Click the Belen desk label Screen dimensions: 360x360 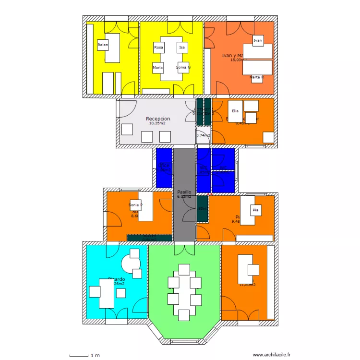103,45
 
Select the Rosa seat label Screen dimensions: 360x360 159,48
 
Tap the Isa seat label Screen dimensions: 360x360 182,48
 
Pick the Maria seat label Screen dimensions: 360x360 158,68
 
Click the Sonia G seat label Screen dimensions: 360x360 183,67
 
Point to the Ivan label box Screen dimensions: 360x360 258,41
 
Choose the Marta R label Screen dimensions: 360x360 257,77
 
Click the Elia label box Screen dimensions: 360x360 235,111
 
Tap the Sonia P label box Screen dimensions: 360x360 135,205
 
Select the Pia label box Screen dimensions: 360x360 255,210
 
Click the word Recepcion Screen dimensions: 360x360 158,119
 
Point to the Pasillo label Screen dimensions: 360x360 184,192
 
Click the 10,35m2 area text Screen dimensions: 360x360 157,123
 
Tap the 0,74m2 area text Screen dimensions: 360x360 203,135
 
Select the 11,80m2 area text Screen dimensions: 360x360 248,285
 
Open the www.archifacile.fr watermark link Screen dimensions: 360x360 270,355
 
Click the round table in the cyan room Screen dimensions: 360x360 131,263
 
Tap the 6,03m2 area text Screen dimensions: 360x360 184,196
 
